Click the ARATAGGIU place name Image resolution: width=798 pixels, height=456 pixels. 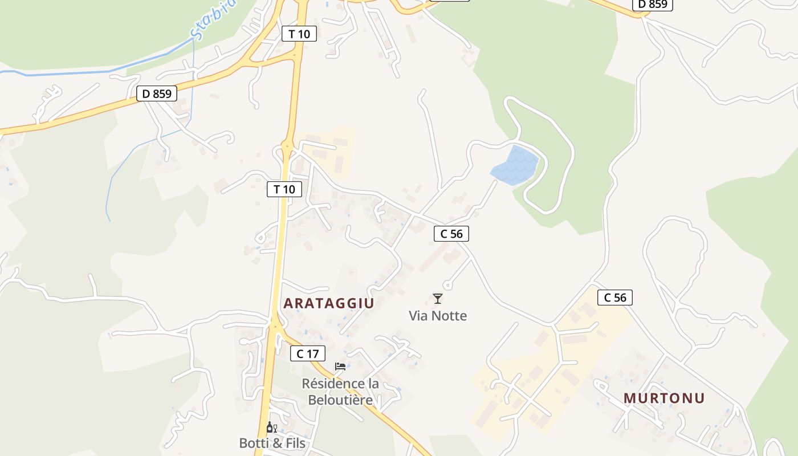point(328,303)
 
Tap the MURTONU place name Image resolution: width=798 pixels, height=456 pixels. point(664,398)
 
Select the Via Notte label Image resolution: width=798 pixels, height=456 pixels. point(438,316)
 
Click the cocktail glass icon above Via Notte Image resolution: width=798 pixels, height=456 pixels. point(438,298)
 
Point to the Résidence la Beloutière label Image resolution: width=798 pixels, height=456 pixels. point(340,392)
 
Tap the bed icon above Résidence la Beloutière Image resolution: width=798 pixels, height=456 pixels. point(340,366)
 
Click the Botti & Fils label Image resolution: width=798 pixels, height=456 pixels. point(272,443)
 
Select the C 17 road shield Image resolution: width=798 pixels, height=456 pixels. point(308,353)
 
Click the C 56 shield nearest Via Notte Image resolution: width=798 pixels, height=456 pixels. point(451,233)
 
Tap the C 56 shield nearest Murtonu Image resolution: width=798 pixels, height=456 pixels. point(615,297)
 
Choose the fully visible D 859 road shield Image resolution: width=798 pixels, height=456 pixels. point(157,93)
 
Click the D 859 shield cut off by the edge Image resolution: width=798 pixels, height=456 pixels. point(653,5)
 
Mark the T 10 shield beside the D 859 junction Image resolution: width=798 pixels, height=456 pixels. point(299,34)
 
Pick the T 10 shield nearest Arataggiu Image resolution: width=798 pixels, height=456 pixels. point(284,189)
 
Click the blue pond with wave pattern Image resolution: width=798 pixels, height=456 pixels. point(515,166)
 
